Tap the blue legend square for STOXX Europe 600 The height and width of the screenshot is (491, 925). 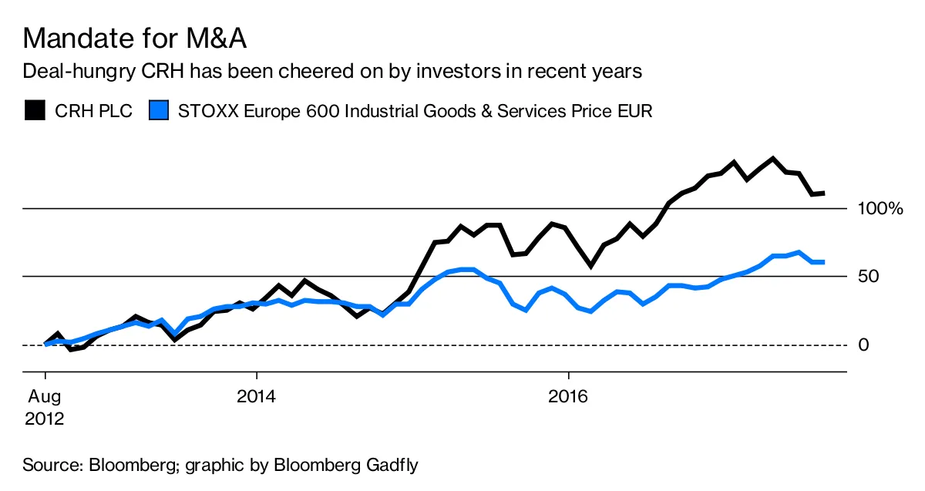[158, 111]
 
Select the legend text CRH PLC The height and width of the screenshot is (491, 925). [93, 111]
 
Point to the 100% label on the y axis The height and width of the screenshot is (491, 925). [879, 209]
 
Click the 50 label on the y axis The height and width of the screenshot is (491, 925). [869, 277]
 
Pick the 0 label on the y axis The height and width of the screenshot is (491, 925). [864, 345]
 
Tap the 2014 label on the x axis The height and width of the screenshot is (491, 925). [256, 397]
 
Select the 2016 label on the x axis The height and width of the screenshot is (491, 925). [568, 397]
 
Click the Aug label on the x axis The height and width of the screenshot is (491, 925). [45, 397]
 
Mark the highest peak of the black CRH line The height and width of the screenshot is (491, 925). [772, 159]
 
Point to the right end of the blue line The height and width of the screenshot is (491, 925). [823, 262]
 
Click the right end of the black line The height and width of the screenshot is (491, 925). [823, 193]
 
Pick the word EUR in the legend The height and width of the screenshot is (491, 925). [636, 111]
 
